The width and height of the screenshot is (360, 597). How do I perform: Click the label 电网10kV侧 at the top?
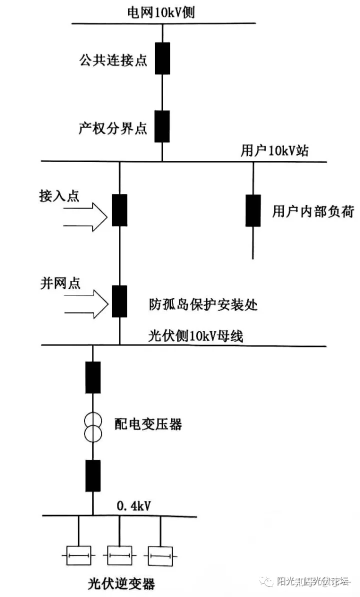[161, 12]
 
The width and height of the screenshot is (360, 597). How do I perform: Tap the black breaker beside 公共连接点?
[162, 58]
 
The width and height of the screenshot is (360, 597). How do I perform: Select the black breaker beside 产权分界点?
[162, 126]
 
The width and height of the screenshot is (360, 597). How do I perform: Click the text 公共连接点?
[113, 60]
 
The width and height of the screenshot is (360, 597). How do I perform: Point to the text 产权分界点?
[113, 128]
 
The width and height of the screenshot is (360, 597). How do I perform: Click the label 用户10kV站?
[274, 151]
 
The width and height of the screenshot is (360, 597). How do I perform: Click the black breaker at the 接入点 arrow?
[119, 210]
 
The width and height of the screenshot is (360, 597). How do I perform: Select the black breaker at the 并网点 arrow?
[119, 301]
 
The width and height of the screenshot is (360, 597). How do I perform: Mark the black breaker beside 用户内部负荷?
[253, 210]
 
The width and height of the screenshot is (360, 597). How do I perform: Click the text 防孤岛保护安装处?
[203, 304]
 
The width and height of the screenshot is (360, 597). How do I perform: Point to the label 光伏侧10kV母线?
[195, 336]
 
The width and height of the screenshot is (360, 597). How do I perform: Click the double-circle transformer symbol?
[93, 427]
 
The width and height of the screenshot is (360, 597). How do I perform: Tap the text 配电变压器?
[148, 424]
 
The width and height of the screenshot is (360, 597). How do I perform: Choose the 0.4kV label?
[133, 506]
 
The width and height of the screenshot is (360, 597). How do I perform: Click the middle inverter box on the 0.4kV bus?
[120, 556]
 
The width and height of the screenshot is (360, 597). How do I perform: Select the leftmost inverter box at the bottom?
[79, 556]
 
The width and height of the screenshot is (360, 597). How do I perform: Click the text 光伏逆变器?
[121, 583]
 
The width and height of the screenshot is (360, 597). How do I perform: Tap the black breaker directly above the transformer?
[93, 377]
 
